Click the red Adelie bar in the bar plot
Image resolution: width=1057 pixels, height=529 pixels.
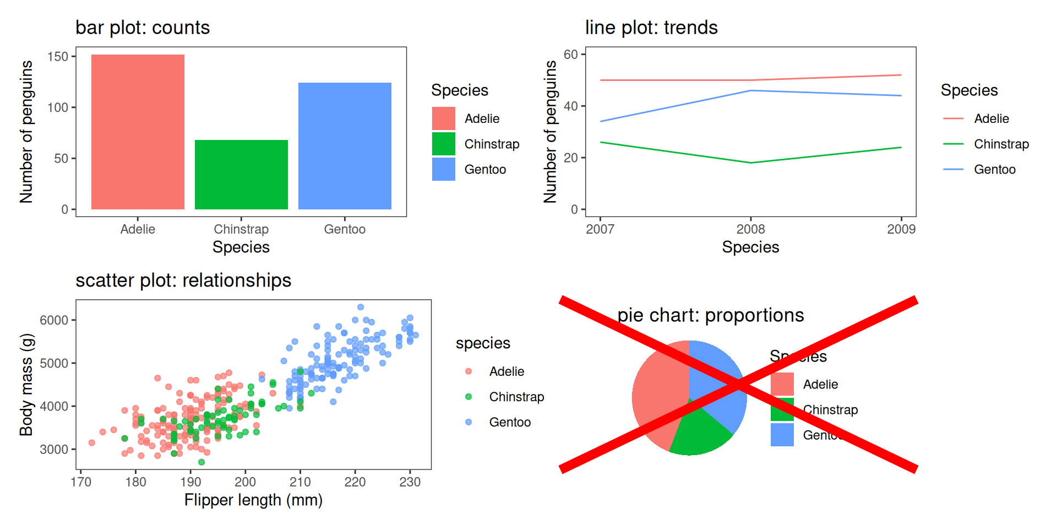(x=138, y=132)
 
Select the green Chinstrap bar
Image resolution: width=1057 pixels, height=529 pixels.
(x=241, y=175)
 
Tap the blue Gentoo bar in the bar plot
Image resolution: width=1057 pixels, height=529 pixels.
(x=345, y=146)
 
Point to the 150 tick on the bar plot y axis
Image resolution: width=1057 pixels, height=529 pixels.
(x=58, y=57)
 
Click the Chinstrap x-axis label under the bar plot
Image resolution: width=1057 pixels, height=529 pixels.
(x=241, y=229)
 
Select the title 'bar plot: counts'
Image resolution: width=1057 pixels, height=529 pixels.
(x=143, y=28)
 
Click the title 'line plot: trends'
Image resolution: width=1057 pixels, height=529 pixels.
(x=651, y=28)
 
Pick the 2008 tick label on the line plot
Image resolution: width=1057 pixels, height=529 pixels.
(x=751, y=229)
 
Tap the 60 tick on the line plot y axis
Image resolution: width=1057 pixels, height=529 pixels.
(x=571, y=54)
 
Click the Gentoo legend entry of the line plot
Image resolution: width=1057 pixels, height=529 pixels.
(x=994, y=169)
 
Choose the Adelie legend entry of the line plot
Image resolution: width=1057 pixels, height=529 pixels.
(x=991, y=118)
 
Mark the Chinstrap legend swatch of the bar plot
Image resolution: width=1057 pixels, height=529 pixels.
(x=444, y=144)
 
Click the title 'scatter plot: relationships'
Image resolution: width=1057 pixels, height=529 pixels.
(x=183, y=280)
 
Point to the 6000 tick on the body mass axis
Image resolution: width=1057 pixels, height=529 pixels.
(x=54, y=320)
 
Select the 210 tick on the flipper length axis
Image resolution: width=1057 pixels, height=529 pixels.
(x=300, y=482)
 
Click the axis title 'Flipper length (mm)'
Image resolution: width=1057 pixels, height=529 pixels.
(x=253, y=500)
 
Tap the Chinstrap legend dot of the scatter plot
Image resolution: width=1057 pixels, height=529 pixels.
(x=468, y=397)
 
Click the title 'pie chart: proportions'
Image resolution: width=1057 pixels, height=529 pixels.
(x=710, y=315)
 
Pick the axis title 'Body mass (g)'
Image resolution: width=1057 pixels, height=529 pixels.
(x=26, y=385)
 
